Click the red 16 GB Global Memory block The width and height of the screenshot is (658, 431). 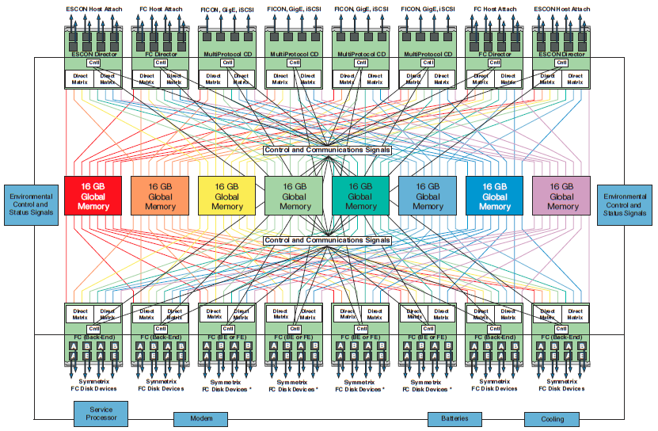tap(93, 196)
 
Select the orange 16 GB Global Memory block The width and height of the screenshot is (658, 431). tap(160, 196)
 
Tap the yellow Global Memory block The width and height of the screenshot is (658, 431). tap(226, 196)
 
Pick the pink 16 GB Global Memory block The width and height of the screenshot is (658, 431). tap(562, 196)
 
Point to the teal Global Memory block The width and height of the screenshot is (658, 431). tap(360, 196)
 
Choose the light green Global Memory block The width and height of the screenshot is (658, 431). tap(294, 196)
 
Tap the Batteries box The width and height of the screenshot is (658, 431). tap(455, 418)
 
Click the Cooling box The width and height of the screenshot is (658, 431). tap(552, 419)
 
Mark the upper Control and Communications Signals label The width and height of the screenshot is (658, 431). tap(327, 150)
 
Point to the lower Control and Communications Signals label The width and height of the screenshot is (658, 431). tap(327, 240)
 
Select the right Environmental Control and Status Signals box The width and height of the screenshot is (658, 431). tap(624, 205)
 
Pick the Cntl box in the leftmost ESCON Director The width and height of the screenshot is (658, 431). tap(93, 63)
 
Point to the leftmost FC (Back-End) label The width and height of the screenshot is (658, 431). tap(93, 338)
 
